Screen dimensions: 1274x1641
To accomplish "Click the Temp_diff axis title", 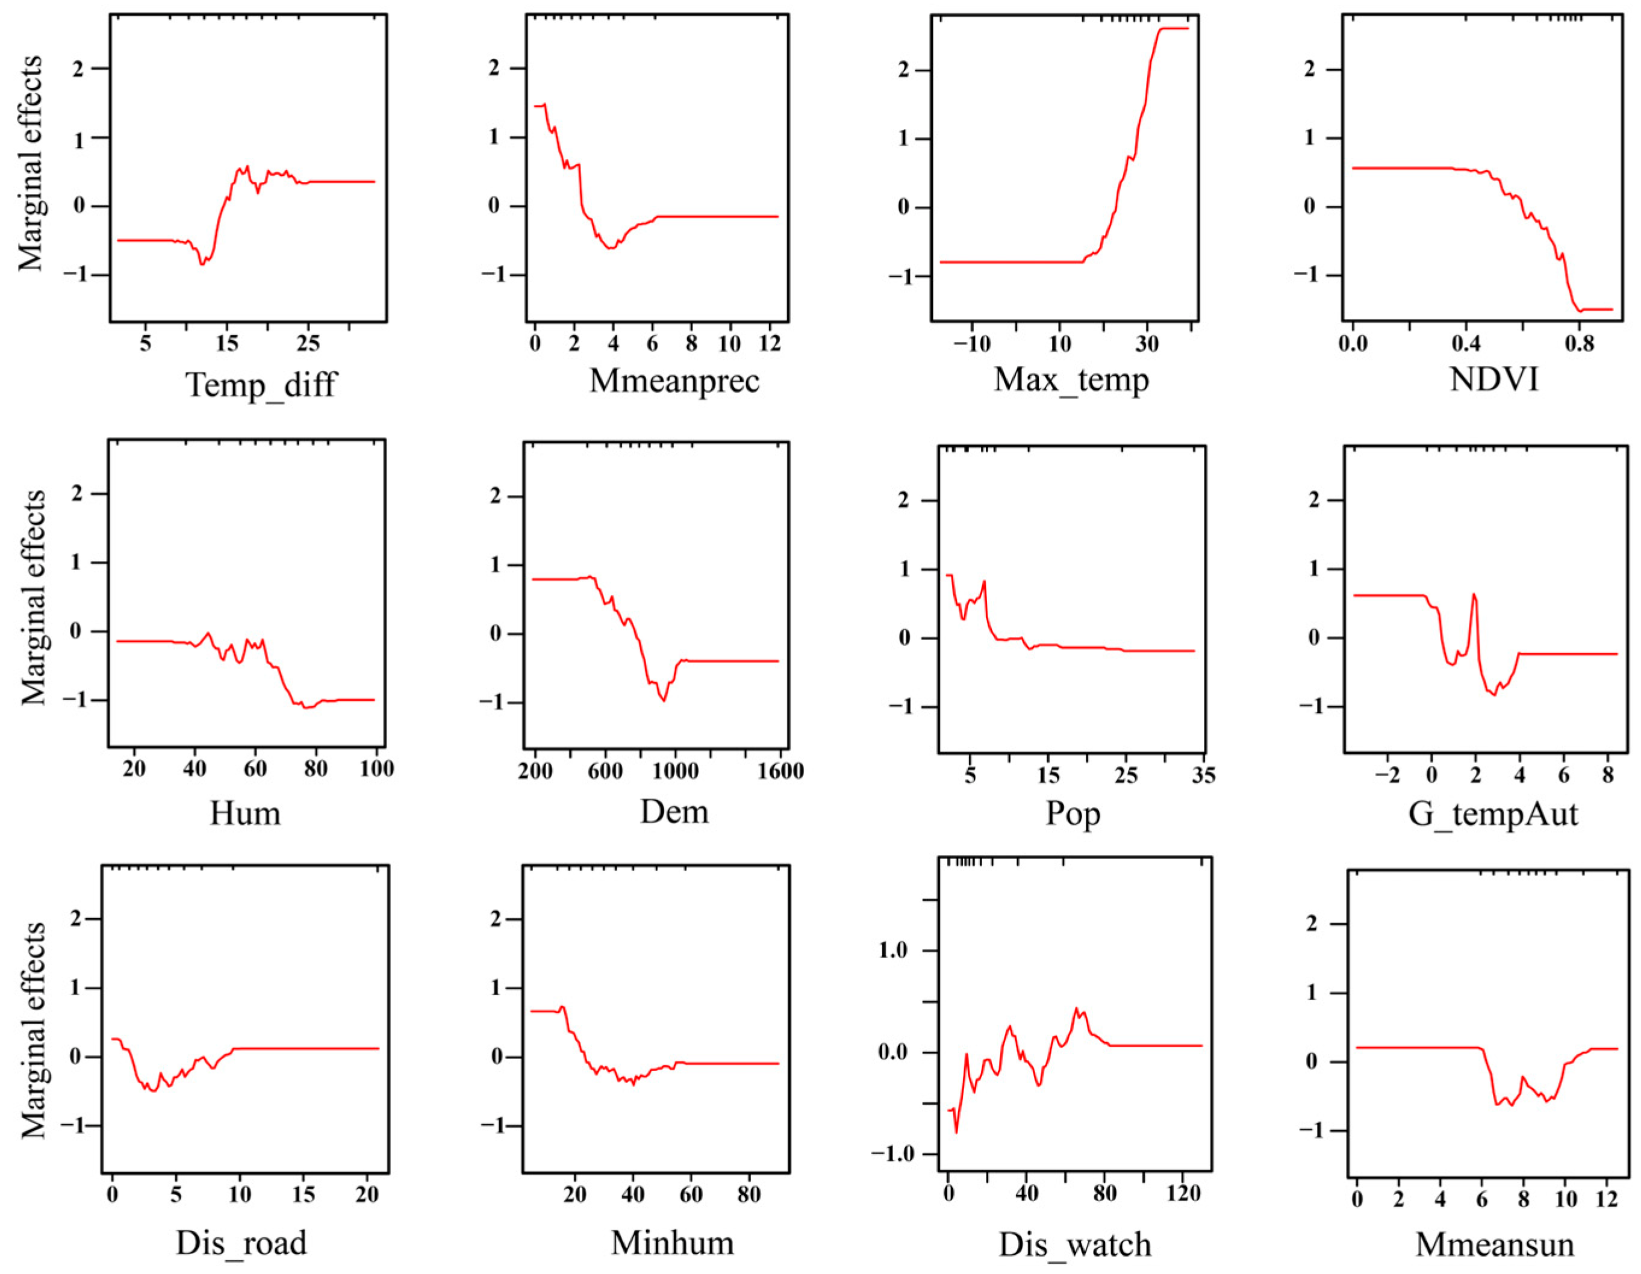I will (261, 385).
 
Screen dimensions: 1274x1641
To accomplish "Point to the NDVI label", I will (1493, 379).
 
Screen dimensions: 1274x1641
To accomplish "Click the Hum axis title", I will (245, 813).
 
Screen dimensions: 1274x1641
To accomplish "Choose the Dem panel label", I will (674, 812).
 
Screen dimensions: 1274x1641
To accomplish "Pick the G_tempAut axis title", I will (1492, 814).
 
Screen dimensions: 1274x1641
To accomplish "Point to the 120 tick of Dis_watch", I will (1183, 1194).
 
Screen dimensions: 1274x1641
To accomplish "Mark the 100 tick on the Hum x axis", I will (376, 768).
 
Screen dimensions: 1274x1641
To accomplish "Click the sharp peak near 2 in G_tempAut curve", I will (1474, 595).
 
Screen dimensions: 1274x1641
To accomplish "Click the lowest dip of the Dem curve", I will (664, 700).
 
